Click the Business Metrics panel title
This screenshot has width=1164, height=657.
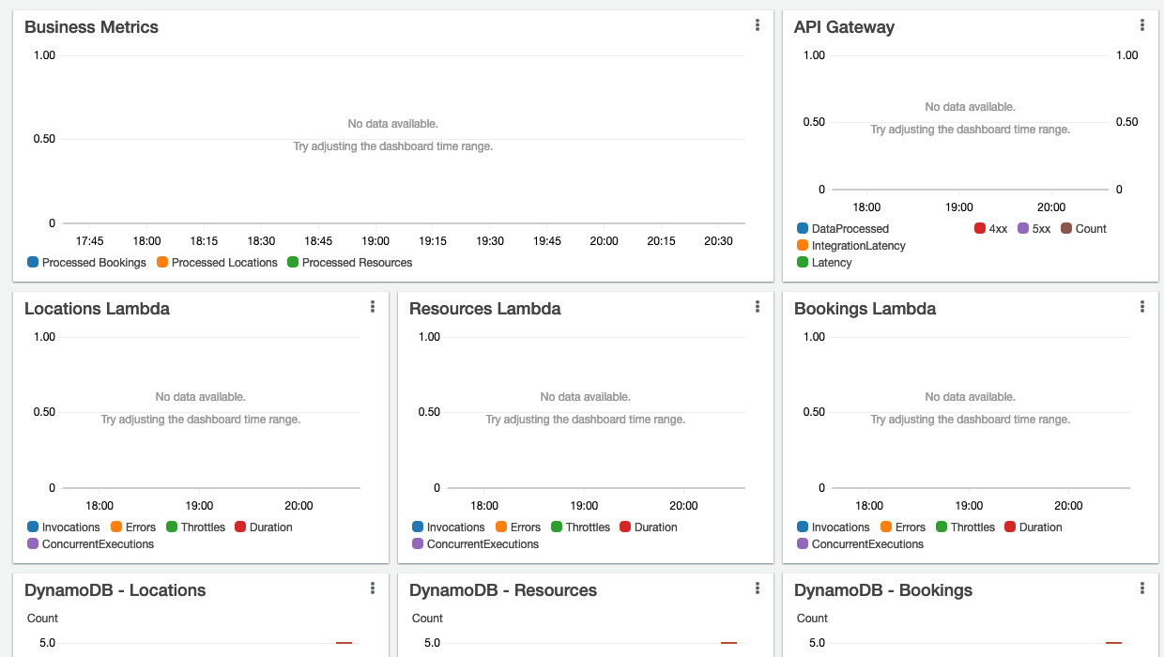point(91,27)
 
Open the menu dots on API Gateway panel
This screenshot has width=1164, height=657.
point(1141,25)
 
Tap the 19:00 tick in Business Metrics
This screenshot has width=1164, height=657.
point(375,241)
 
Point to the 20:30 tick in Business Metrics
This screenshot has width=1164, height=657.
point(718,241)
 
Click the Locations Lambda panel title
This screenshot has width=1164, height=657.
point(97,309)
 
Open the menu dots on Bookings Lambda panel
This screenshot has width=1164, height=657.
point(1141,307)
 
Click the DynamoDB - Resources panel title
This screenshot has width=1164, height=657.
point(503,590)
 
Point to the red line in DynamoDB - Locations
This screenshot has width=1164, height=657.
point(344,643)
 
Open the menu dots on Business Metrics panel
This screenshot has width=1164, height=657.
point(757,25)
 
